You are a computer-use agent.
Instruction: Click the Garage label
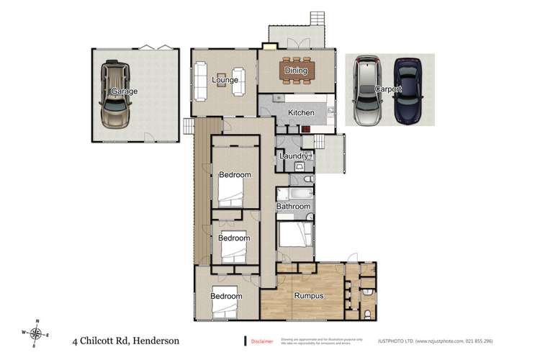tap(124, 91)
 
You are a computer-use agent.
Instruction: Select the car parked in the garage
tap(115, 94)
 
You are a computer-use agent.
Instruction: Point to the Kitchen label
tap(301, 113)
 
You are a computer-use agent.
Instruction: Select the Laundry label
tap(294, 156)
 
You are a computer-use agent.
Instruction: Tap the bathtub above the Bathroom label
tap(293, 194)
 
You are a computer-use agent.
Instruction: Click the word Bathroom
tap(293, 207)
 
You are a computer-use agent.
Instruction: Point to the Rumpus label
tap(307, 296)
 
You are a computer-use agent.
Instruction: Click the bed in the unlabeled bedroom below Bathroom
tap(295, 234)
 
